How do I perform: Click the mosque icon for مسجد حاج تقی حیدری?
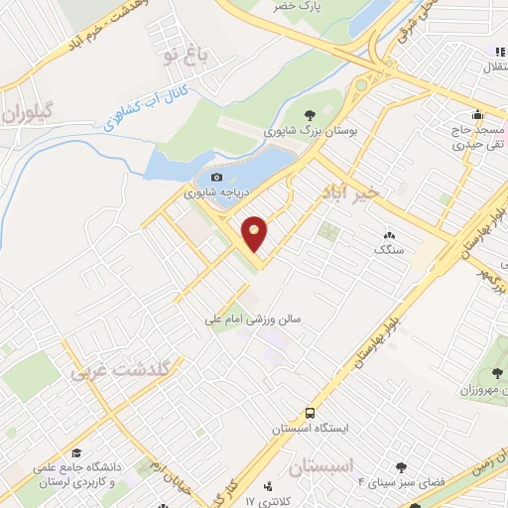(478, 113)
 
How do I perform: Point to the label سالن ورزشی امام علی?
(252, 319)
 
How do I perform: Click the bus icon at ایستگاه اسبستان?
(310, 412)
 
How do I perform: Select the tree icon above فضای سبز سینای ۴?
(401, 467)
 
